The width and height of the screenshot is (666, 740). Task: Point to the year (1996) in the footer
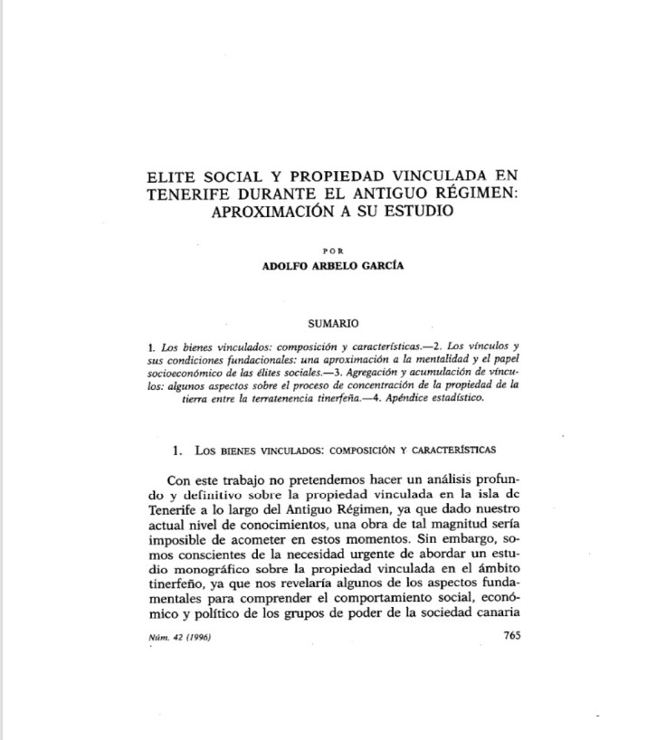pyautogui.click(x=206, y=638)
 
